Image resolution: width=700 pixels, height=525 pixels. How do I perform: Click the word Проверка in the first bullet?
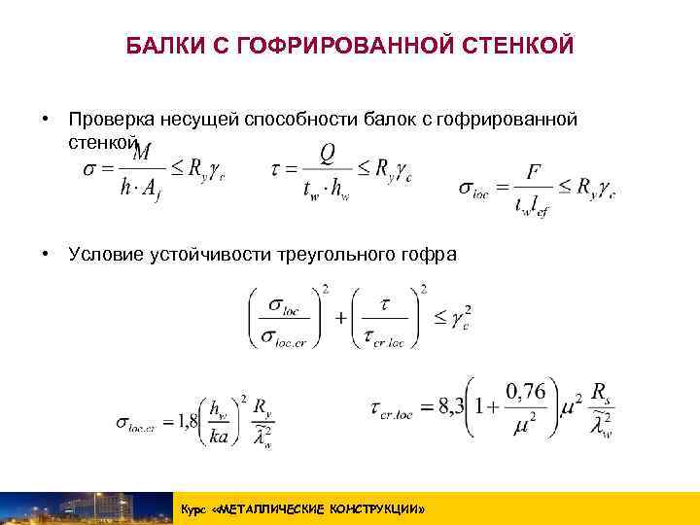coord(107,119)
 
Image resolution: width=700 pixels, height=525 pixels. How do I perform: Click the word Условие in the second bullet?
coord(104,255)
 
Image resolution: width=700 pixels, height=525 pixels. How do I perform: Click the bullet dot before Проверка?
coord(45,119)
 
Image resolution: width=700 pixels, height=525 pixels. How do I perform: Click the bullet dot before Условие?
coord(45,255)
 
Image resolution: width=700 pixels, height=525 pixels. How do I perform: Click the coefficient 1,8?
coord(186,422)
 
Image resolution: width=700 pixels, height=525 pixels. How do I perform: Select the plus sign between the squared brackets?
coord(341,319)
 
